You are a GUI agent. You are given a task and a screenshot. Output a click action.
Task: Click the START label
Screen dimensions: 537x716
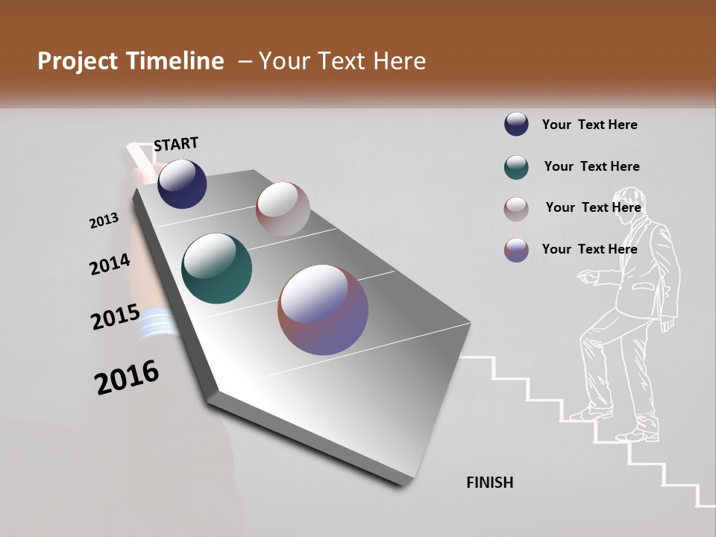click(x=176, y=144)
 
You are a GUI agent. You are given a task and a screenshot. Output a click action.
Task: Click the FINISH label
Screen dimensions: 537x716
click(x=490, y=483)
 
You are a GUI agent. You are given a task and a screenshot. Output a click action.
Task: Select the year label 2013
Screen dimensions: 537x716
click(x=104, y=221)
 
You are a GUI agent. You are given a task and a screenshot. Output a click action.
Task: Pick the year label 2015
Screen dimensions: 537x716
click(x=116, y=317)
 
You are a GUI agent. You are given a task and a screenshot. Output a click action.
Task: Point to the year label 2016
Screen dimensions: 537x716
click(x=127, y=377)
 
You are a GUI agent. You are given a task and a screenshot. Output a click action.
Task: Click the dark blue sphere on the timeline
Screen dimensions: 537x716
click(x=182, y=183)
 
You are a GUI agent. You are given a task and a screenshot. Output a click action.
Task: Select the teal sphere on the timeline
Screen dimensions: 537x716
click(x=216, y=268)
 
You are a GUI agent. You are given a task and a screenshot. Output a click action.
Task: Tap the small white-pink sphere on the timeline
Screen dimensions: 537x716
click(x=283, y=209)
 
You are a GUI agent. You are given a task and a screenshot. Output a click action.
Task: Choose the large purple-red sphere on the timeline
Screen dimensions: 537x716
click(x=323, y=310)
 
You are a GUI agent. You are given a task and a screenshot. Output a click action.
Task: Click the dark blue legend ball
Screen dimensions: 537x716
click(x=516, y=125)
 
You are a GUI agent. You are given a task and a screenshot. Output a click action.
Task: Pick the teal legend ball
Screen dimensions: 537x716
click(x=516, y=167)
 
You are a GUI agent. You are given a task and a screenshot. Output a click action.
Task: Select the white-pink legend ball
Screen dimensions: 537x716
click(x=516, y=209)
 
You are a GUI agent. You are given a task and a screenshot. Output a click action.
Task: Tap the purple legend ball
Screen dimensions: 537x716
click(x=516, y=250)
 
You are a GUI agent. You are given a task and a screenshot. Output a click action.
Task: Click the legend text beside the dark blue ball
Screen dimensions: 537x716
click(x=589, y=125)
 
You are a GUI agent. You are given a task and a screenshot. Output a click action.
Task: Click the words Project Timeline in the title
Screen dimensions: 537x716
click(x=131, y=61)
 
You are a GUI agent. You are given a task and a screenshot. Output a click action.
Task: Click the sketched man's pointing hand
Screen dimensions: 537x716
click(x=586, y=277)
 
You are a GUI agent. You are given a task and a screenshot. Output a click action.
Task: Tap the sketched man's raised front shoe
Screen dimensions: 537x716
click(x=589, y=412)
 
